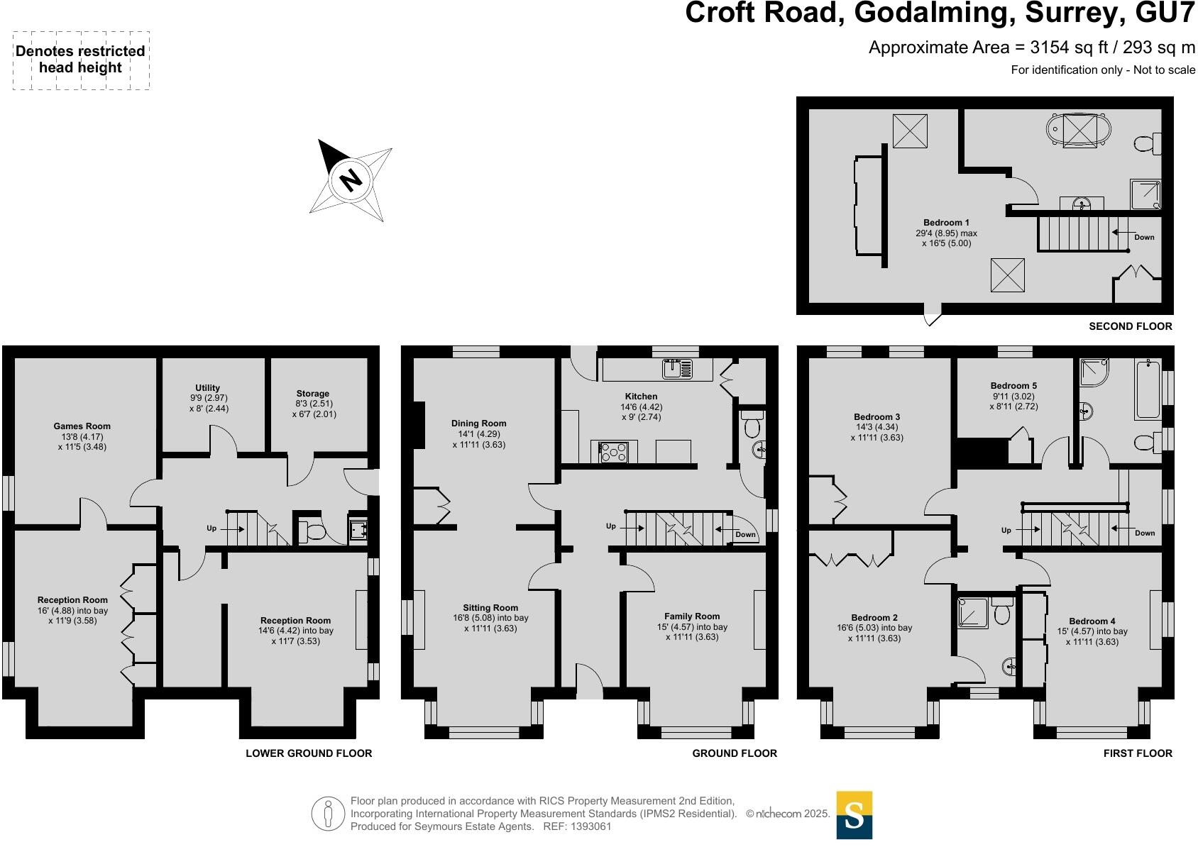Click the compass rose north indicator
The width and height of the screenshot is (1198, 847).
tap(350, 179)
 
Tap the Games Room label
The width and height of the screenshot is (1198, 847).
tap(82, 426)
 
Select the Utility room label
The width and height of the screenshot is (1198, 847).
tap(208, 388)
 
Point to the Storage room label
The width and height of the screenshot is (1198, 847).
tap(313, 394)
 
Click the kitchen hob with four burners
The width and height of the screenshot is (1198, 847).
tap(614, 452)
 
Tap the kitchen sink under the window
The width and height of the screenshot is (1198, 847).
tap(677, 368)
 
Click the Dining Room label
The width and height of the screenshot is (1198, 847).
tap(479, 423)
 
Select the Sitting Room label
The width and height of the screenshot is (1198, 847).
tap(490, 608)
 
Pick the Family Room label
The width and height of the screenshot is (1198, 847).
tap(692, 617)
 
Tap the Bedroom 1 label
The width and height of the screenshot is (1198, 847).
tap(946, 223)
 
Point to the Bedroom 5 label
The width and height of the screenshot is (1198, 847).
tap(1013, 386)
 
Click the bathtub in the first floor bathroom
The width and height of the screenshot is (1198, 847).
tap(1148, 390)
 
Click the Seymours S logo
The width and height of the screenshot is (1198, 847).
tap(854, 815)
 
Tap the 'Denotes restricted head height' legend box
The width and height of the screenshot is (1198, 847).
tap(81, 60)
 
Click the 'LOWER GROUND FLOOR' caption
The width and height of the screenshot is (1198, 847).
tap(309, 753)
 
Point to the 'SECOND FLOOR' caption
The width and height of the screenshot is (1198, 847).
tap(1131, 326)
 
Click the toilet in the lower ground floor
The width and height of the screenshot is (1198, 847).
tap(313, 531)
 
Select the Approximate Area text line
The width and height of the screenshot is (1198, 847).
tap(1032, 48)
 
